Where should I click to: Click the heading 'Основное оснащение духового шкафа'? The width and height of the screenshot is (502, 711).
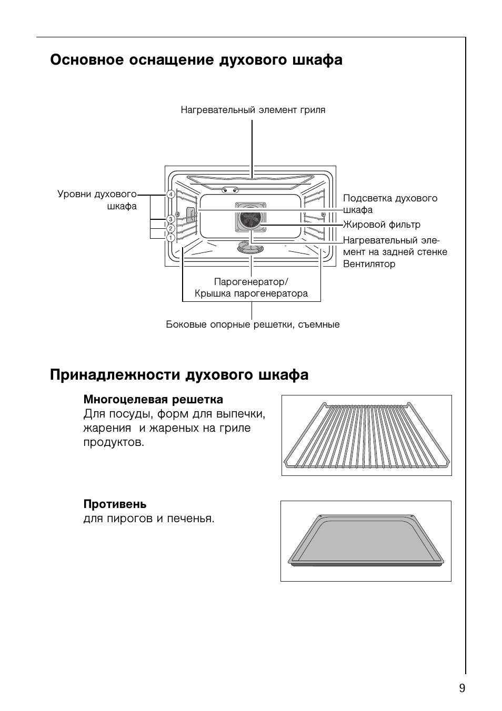click(196, 60)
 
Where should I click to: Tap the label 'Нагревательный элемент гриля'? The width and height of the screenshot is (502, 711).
click(253, 110)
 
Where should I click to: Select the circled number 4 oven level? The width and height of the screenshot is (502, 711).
click(170, 195)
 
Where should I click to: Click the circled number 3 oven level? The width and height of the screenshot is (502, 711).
click(170, 219)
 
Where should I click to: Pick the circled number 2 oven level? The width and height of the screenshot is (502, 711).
click(170, 228)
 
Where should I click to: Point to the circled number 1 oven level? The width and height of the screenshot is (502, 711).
click(170, 238)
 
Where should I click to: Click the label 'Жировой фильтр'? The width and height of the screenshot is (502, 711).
click(381, 225)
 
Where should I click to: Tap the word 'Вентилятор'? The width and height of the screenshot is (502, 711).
click(369, 264)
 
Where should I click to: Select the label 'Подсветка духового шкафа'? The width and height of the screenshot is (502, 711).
click(389, 204)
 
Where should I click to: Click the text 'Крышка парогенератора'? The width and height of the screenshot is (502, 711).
click(251, 293)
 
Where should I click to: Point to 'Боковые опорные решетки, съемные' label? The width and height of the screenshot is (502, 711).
click(253, 324)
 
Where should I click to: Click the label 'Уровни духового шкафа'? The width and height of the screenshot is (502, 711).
click(97, 200)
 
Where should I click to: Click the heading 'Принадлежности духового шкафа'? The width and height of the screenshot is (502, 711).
click(179, 375)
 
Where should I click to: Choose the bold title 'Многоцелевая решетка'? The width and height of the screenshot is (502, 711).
click(153, 400)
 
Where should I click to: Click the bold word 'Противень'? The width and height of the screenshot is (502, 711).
click(115, 504)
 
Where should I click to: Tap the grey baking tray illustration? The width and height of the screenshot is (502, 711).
click(365, 542)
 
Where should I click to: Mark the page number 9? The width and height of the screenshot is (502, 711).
click(461, 688)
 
